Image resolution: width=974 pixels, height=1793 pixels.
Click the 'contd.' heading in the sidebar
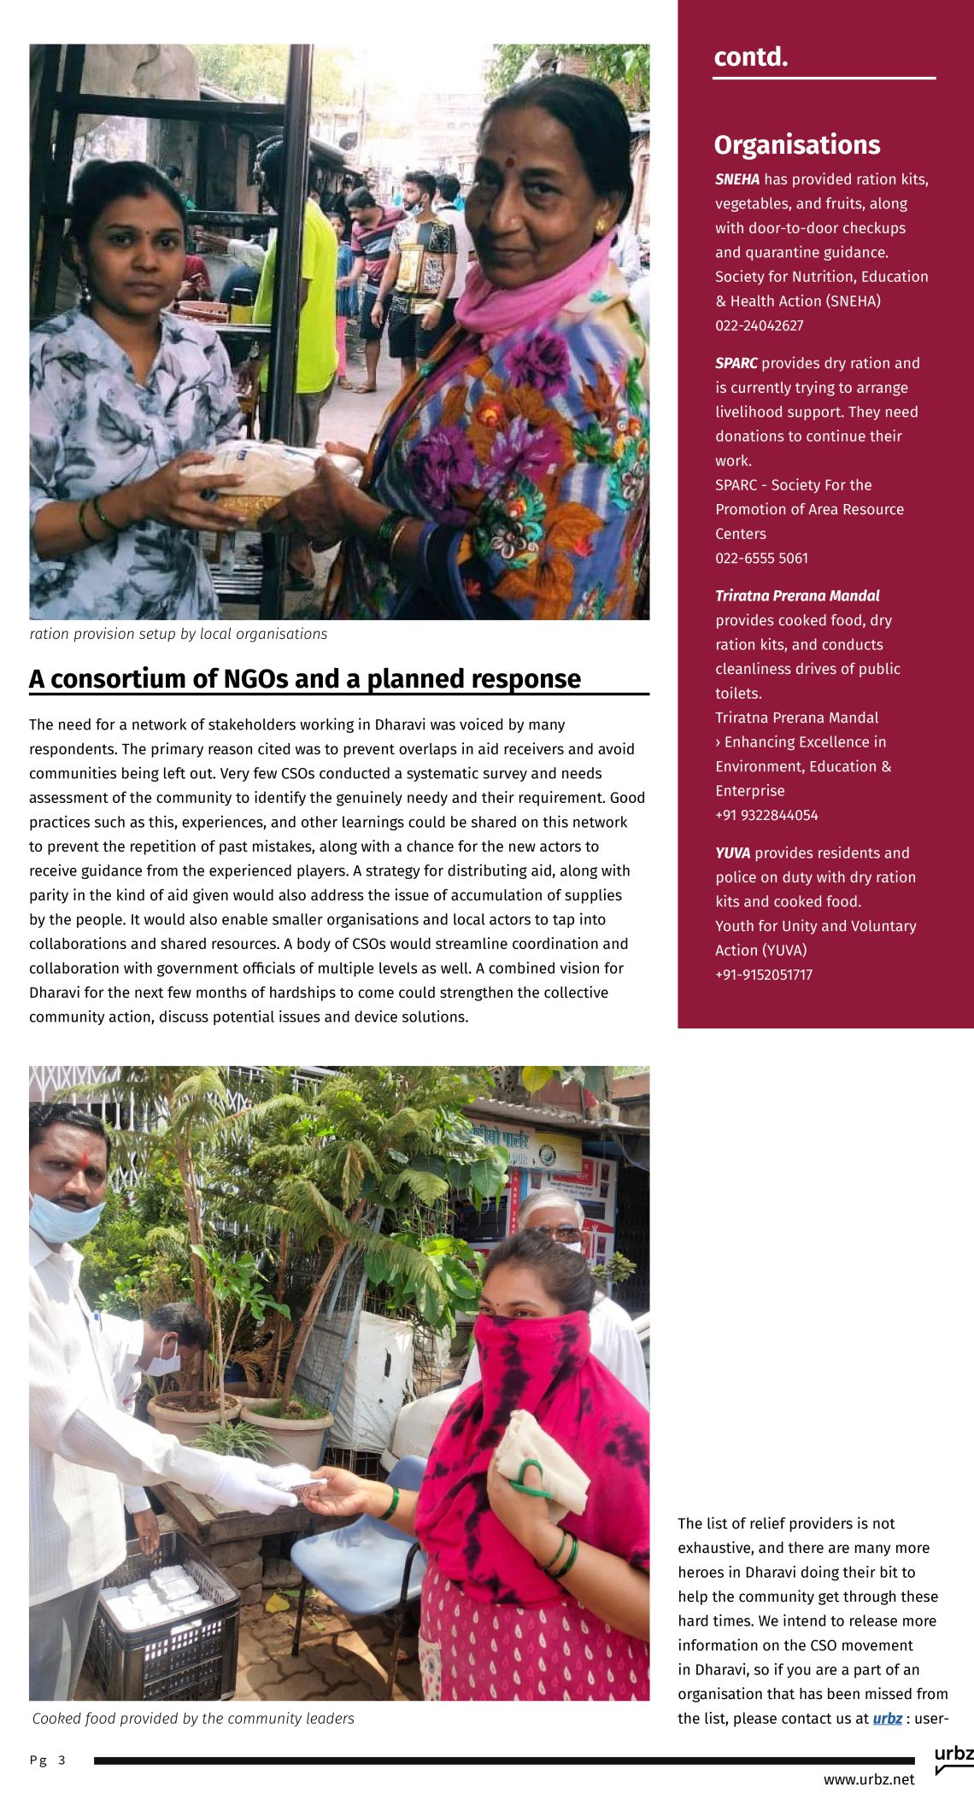750,57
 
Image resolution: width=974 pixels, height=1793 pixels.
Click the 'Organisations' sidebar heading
796,144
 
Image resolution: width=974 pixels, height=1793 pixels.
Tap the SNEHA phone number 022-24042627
759,325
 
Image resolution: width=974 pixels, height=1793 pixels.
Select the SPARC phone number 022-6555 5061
761,558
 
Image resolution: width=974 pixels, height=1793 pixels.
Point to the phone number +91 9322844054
766,815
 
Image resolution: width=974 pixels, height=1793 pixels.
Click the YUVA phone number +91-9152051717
764,975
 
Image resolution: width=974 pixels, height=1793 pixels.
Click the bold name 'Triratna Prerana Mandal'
797,595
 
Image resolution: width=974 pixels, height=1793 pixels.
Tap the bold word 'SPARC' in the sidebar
736,363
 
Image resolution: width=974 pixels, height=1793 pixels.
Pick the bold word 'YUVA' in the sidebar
732,853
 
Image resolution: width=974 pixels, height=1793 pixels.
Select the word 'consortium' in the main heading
133,678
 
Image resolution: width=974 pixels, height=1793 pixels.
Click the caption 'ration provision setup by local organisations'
179,634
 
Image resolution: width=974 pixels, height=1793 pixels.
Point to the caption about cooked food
193,1718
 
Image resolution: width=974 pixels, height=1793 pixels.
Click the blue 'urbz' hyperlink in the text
887,1718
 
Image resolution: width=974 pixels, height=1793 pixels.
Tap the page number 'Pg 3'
48,1760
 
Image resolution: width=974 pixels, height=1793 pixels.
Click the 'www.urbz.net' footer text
869,1779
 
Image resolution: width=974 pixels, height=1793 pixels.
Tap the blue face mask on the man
65,1219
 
